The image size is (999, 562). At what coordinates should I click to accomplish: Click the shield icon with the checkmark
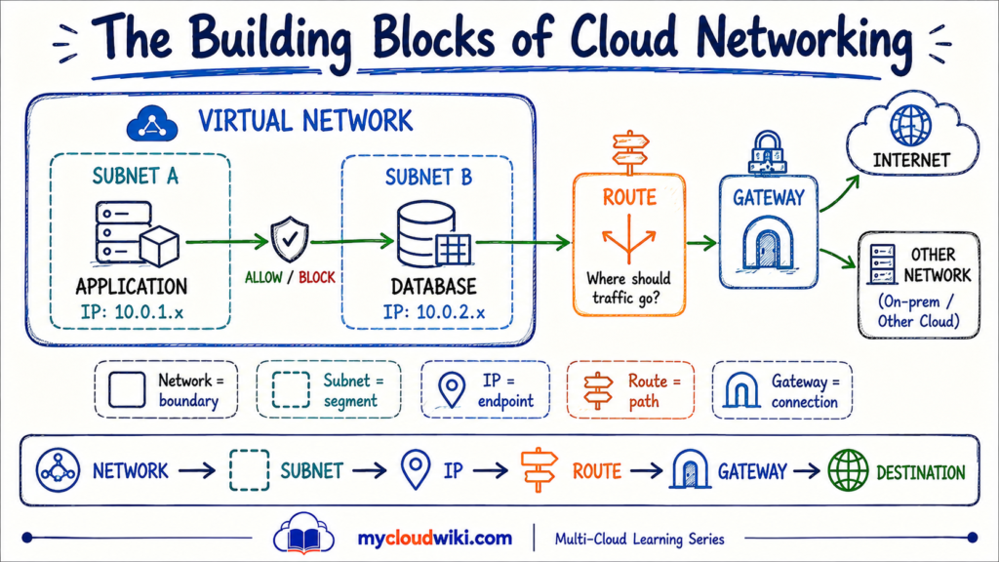290,239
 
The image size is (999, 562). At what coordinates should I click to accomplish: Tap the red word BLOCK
317,278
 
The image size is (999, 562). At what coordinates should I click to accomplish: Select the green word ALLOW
263,278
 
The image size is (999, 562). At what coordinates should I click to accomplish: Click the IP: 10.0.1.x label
132,312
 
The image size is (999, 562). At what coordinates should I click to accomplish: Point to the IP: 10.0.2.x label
434,312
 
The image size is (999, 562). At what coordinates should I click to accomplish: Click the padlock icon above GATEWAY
767,153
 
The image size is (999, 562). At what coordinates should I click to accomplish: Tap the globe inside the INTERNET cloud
911,126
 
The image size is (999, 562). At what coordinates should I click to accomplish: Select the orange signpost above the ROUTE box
630,151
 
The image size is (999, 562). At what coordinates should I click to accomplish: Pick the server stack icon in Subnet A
137,233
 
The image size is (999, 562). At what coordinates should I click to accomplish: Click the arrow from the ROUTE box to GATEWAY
702,243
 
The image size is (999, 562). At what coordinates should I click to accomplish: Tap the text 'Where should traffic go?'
628,288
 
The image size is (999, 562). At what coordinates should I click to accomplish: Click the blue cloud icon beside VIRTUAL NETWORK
151,124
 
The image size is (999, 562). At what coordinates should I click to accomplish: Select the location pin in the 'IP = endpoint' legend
452,389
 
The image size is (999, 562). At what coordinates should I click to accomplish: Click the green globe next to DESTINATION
848,471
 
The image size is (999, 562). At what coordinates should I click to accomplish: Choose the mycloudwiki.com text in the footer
434,539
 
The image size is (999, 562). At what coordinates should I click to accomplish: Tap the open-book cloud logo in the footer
304,534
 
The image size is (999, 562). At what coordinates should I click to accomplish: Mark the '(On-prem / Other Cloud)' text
918,311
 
